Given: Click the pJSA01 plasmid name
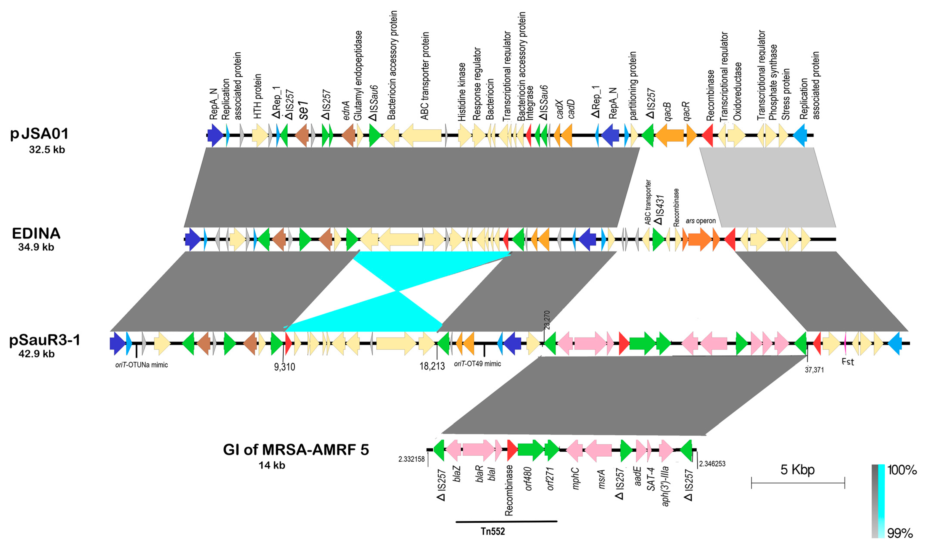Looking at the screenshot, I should tap(39, 134).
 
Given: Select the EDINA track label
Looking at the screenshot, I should tap(36, 233).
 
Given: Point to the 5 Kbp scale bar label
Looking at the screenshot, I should tap(797, 470).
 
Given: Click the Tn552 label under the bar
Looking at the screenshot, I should tap(492, 531).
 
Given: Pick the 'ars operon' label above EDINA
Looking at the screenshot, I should tap(700, 221).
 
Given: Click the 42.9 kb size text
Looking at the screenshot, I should tap(37, 354).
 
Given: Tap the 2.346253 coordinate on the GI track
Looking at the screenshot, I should tap(712, 464).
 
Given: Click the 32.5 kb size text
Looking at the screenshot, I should tap(47, 150).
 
